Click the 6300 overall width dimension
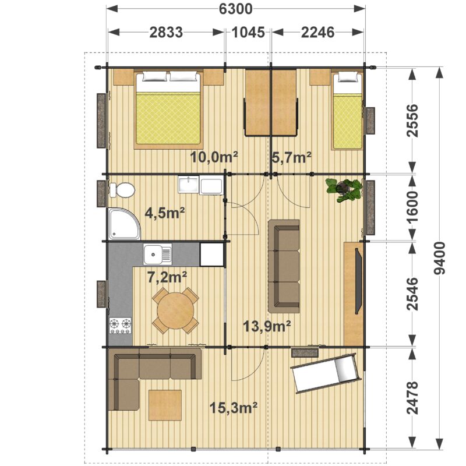[236, 9]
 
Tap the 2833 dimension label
[166, 32]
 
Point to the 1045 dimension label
[248, 32]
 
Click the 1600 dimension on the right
[412, 207]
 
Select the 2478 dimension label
[412, 397]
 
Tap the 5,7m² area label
[291, 157]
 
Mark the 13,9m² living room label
[267, 326]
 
